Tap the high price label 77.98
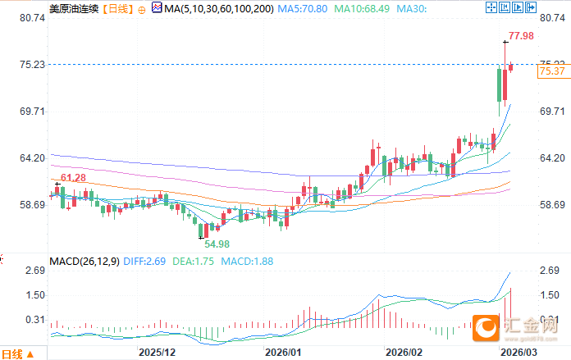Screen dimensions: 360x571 pyautogui.click(x=521, y=36)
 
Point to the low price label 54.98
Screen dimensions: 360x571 pyautogui.click(x=217, y=244)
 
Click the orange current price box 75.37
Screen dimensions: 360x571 pyautogui.click(x=552, y=71)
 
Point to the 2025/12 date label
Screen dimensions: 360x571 pyautogui.click(x=158, y=352)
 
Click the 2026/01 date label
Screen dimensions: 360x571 pyautogui.click(x=285, y=352)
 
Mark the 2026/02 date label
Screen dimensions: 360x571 pyautogui.click(x=404, y=352)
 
